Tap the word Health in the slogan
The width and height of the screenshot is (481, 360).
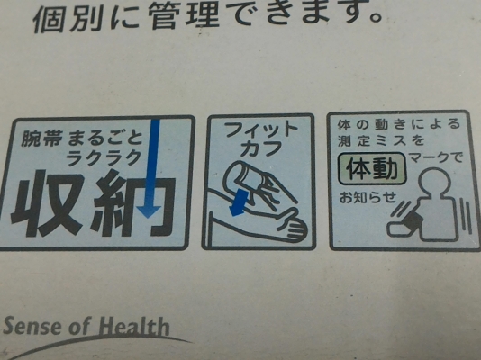point(134,326)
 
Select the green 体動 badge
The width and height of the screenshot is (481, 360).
point(372,169)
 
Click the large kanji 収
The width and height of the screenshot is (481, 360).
point(48,203)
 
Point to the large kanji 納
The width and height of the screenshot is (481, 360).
point(132,202)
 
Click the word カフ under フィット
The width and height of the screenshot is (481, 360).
point(261,148)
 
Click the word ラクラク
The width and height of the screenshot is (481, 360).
point(104,158)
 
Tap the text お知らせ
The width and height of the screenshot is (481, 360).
point(368,197)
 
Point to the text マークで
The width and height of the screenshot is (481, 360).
point(436,158)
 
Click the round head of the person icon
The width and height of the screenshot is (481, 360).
point(435,184)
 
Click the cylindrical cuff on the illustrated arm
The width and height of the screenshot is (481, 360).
point(245,179)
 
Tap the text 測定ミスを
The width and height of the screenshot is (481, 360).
point(381,140)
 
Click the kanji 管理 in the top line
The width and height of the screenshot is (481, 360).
point(185,16)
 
